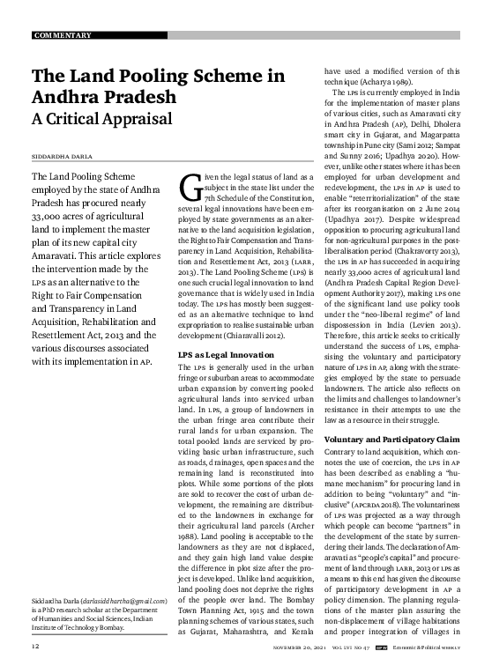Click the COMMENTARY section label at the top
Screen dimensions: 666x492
pyautogui.click(x=63, y=35)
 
